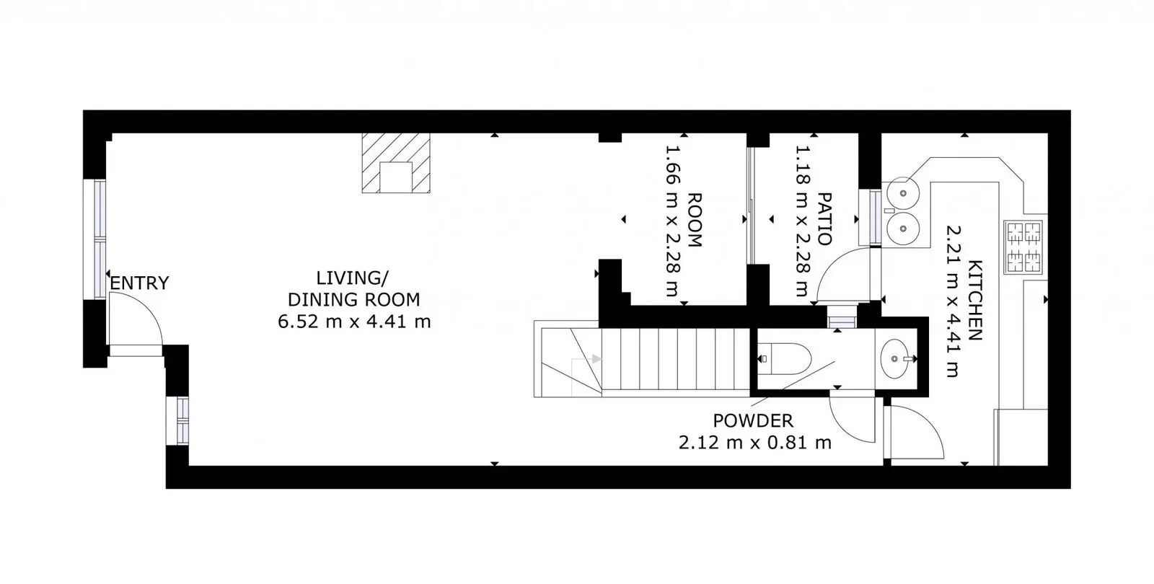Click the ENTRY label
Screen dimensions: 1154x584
tap(140, 283)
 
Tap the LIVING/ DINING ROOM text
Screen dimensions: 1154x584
tap(353, 289)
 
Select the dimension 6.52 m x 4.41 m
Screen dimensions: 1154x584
tap(354, 322)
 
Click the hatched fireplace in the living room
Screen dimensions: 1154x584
tap(396, 163)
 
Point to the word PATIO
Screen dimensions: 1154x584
tap(825, 219)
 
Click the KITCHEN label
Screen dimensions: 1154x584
tap(975, 301)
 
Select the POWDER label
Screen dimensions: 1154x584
tap(753, 421)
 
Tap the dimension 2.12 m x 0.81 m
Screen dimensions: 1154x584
tap(754, 443)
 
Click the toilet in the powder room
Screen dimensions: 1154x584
tap(785, 358)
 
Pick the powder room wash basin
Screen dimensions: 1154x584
tap(895, 358)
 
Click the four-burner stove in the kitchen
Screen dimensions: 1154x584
tap(1023, 247)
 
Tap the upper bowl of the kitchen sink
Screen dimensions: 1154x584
tap(902, 194)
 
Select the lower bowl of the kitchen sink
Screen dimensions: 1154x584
tap(902, 228)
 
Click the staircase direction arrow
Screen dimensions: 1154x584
tap(596, 359)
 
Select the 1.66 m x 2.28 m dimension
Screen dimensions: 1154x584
tap(674, 221)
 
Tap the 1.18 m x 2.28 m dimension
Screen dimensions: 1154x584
tap(803, 221)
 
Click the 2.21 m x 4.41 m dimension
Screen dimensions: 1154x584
tap(953, 301)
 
